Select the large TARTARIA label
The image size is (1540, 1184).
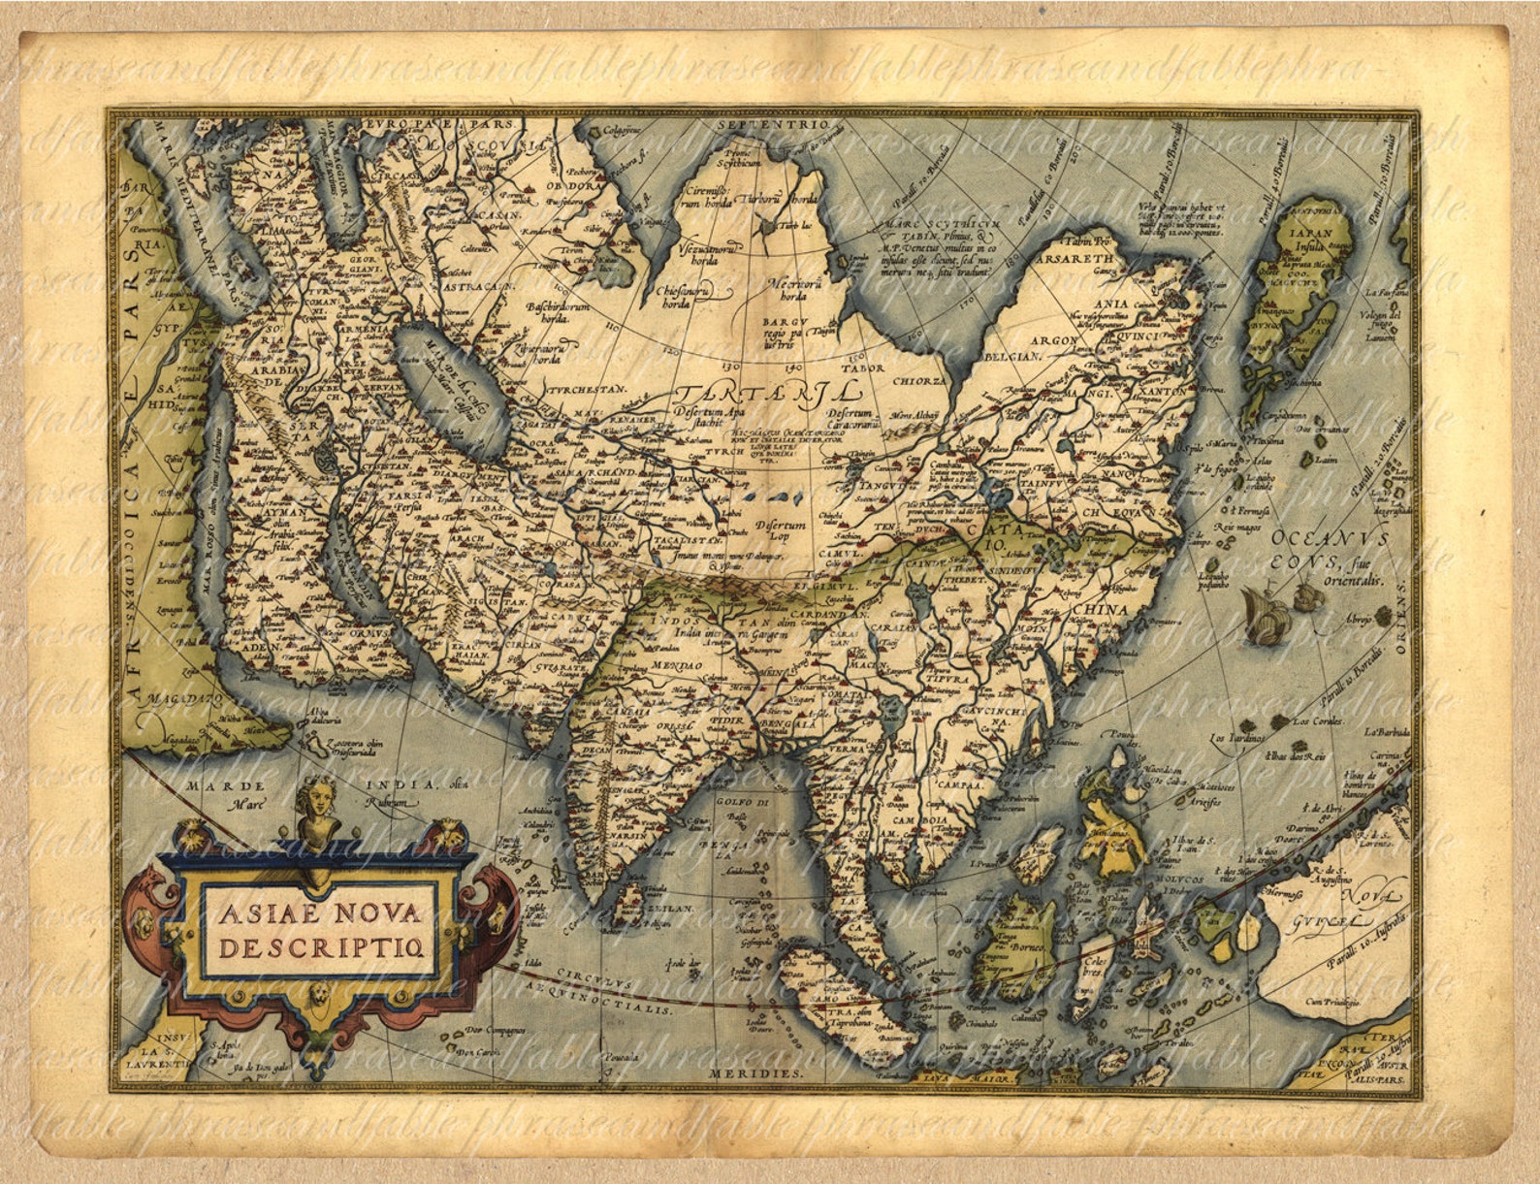click(x=766, y=392)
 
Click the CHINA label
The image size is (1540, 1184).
click(x=1101, y=610)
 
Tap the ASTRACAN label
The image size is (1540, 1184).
click(x=478, y=288)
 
